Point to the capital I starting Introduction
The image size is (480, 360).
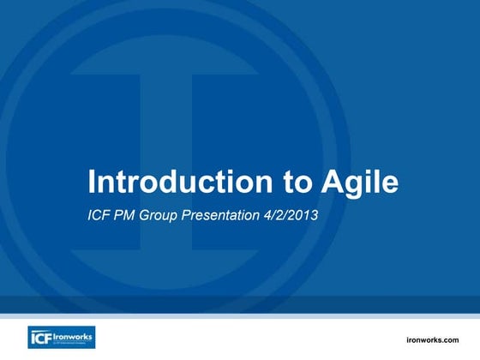tap(93, 182)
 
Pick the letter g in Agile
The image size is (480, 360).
tap(355, 185)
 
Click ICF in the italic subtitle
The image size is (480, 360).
tap(100, 216)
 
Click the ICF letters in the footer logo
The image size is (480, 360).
tap(42, 337)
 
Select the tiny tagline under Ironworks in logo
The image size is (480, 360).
tap(72, 342)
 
